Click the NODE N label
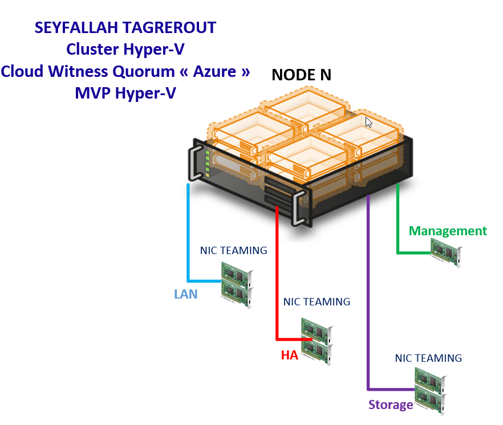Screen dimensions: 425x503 pos(301,75)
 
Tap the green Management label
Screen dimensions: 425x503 pos(448,231)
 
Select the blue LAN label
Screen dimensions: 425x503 pos(186,294)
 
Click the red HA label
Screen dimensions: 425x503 pos(290,355)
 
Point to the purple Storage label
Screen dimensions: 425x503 pos(391,405)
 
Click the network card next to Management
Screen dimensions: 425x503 pos(447,252)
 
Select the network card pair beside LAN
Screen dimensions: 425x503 pos(237,284)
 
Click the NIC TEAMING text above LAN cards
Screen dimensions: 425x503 pos(233,250)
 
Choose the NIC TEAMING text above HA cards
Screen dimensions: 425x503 pos(317,301)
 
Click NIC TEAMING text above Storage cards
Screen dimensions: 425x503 pos(428,358)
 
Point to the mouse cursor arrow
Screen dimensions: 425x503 pos(369,122)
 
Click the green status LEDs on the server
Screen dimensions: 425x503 pos(207,164)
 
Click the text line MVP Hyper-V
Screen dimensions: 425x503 pos(125,93)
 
